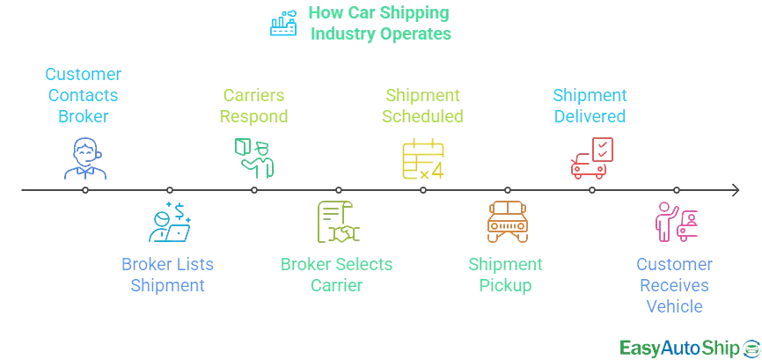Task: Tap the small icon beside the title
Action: coord(284,25)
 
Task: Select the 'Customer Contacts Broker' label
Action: coord(84,95)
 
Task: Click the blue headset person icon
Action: coord(85,159)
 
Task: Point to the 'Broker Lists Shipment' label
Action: coord(167,275)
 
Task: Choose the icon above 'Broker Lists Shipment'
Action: coord(168,222)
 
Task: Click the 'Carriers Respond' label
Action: coord(255,106)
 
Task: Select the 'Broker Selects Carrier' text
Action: coord(337,275)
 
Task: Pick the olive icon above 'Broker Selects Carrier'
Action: coord(338,222)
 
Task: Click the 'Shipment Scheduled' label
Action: coord(423,106)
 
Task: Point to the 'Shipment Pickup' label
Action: coord(506,275)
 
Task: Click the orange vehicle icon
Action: coord(506,222)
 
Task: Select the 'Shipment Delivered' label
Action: coord(590,106)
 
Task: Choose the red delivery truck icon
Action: coord(591,157)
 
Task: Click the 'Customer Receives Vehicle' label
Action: coord(674,285)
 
